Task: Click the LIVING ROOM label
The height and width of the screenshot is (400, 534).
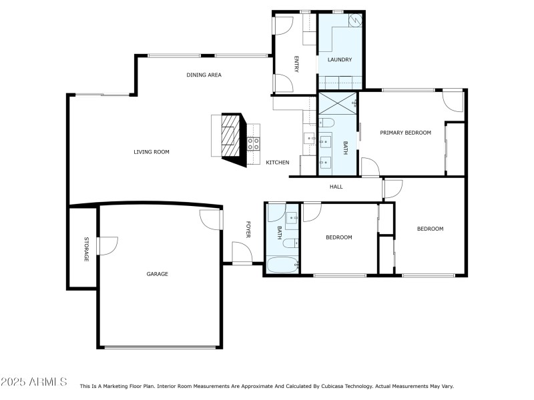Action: tap(152, 152)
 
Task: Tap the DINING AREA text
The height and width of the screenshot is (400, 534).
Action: tap(204, 75)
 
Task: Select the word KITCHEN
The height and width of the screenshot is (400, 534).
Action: tap(278, 163)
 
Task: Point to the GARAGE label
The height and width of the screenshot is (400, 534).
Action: tap(158, 274)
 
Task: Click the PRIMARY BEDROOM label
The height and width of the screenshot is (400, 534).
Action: tap(405, 133)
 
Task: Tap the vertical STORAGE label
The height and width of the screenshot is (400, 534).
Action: tap(86, 249)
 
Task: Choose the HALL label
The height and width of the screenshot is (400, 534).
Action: tap(336, 187)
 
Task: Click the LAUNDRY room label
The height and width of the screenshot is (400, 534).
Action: tap(339, 60)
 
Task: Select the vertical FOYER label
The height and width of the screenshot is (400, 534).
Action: tap(248, 230)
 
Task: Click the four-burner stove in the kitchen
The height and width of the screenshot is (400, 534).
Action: tap(254, 142)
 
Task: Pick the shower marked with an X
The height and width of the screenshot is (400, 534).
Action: tap(337, 104)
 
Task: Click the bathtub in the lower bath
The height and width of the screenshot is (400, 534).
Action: tap(283, 265)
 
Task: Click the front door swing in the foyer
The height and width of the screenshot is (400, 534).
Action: tap(242, 254)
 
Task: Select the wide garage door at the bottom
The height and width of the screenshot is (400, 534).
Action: tap(161, 347)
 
